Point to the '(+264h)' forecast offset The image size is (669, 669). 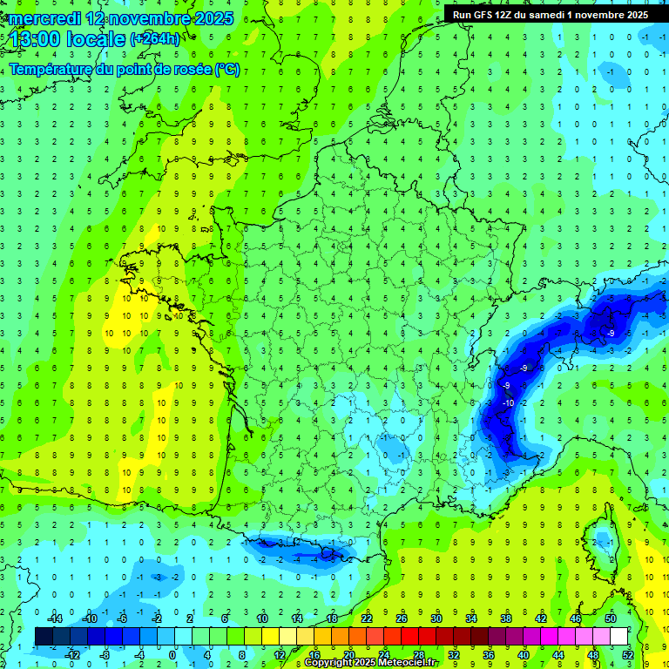[155, 39]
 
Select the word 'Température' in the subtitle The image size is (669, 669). [51, 70]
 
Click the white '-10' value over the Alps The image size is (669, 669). [508, 402]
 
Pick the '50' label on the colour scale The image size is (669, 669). [610, 618]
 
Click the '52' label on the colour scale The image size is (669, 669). [627, 655]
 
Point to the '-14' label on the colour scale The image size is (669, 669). [54, 618]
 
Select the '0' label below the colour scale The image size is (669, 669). [172, 655]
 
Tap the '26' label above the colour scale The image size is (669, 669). [402, 618]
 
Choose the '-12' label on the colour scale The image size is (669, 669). [72, 655]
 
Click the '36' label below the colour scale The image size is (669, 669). [488, 655]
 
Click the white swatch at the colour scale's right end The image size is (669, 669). [618, 637]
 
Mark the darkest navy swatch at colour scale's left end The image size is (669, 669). [44, 637]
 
